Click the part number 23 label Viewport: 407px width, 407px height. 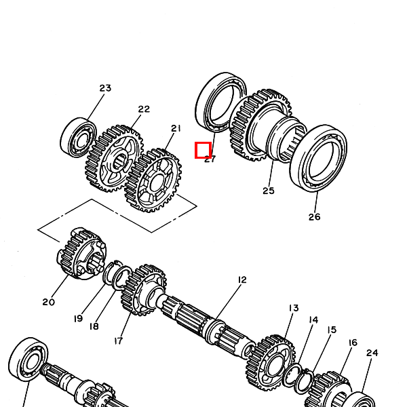(x=105, y=88)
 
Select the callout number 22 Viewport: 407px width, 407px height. (x=144, y=109)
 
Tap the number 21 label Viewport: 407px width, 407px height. (x=176, y=128)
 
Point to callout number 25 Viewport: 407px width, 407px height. (x=269, y=191)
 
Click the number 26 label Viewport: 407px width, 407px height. (x=314, y=217)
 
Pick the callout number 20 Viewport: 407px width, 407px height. (x=49, y=302)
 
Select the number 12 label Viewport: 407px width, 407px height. (x=242, y=279)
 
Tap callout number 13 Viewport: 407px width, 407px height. (x=294, y=308)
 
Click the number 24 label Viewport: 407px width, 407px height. (x=372, y=353)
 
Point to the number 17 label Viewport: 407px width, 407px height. (x=118, y=341)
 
